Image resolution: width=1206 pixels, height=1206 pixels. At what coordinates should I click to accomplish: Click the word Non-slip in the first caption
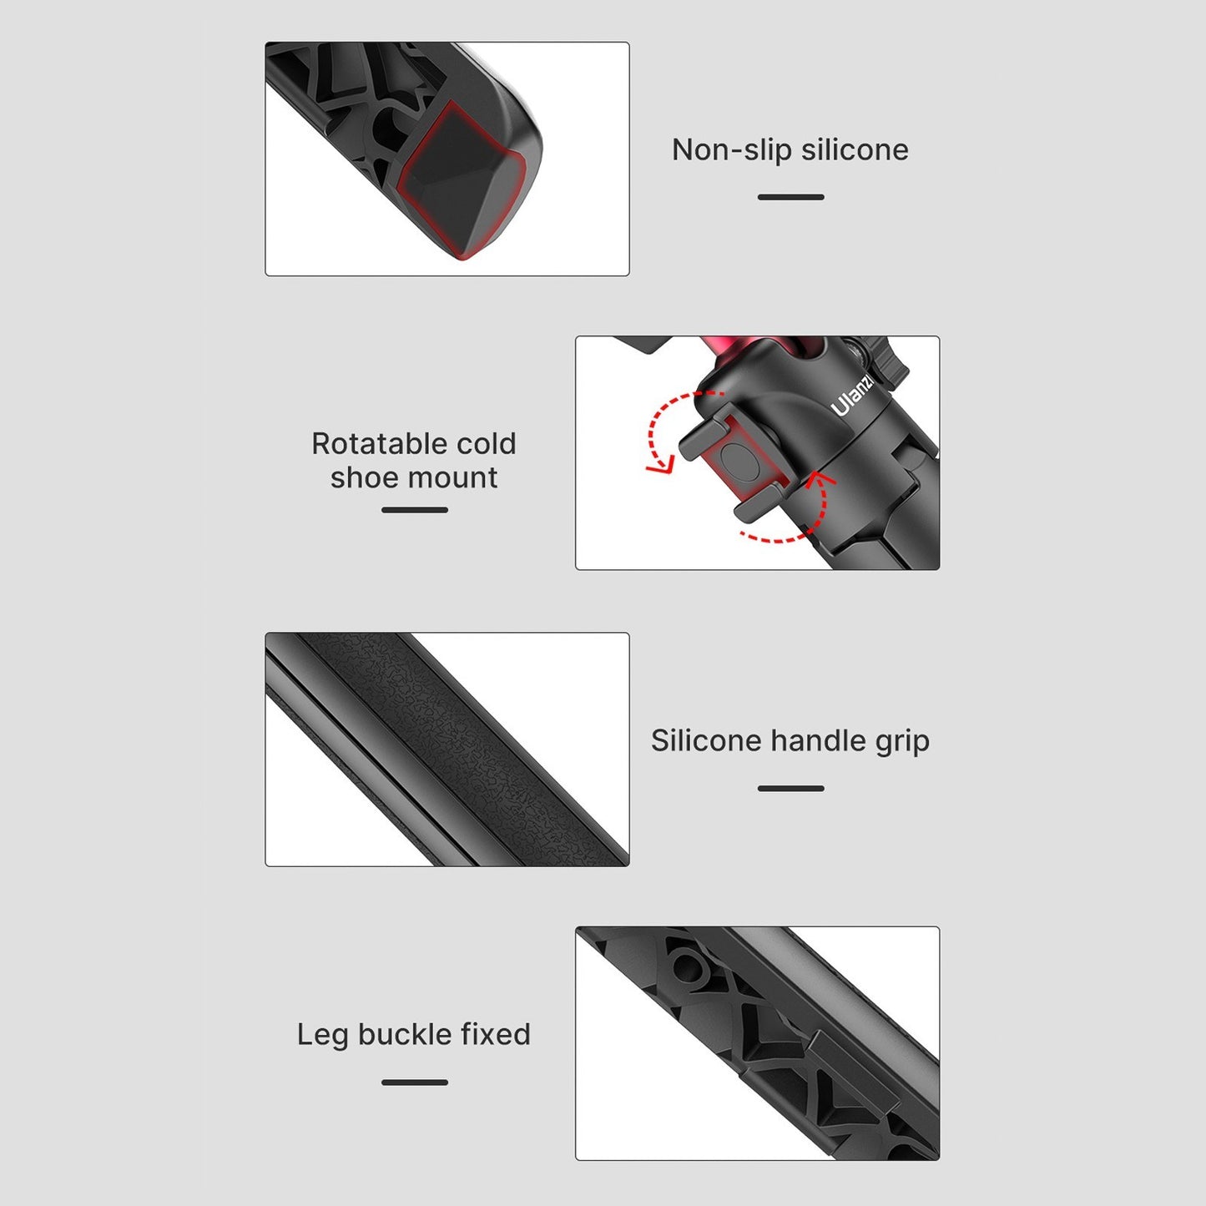coord(730,150)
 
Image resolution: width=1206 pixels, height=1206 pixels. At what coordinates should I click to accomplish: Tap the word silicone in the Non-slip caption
coord(855,150)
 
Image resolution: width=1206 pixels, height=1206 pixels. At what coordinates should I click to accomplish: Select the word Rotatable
coord(379,444)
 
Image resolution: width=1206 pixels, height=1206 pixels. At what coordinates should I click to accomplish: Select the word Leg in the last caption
coord(321,1035)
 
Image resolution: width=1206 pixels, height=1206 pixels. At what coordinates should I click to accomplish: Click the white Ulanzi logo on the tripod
coord(853,396)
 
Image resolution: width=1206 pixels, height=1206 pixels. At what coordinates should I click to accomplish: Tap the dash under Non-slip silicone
coord(790,197)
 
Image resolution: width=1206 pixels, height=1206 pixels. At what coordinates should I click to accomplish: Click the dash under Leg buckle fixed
coord(414,1082)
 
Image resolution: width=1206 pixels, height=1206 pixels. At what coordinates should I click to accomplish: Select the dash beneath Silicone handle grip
coord(790,789)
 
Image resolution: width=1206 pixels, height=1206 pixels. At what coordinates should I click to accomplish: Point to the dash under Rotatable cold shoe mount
coord(414,510)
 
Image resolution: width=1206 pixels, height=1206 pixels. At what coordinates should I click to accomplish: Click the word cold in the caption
coord(487,444)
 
